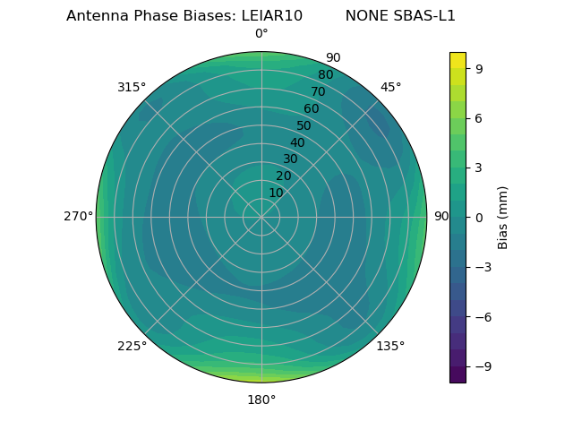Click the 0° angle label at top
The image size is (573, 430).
[x=261, y=34]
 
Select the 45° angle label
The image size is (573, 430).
[x=391, y=87]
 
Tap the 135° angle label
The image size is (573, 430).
[x=390, y=346]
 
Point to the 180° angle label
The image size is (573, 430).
[x=261, y=400]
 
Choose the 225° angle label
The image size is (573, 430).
[x=132, y=346]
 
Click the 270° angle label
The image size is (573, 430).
[x=78, y=217]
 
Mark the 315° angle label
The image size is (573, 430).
[x=132, y=87]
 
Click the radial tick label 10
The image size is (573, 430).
[x=276, y=193]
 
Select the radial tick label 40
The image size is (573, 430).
[x=297, y=142]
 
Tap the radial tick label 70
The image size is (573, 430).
[x=318, y=91]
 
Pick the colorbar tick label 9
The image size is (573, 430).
[x=479, y=68]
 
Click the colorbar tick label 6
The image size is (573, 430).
[x=479, y=117]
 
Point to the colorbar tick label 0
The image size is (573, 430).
[x=479, y=217]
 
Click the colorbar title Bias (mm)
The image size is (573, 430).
[x=503, y=217]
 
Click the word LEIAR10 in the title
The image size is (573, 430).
[x=271, y=16]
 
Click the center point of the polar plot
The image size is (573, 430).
[x=261, y=217]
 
